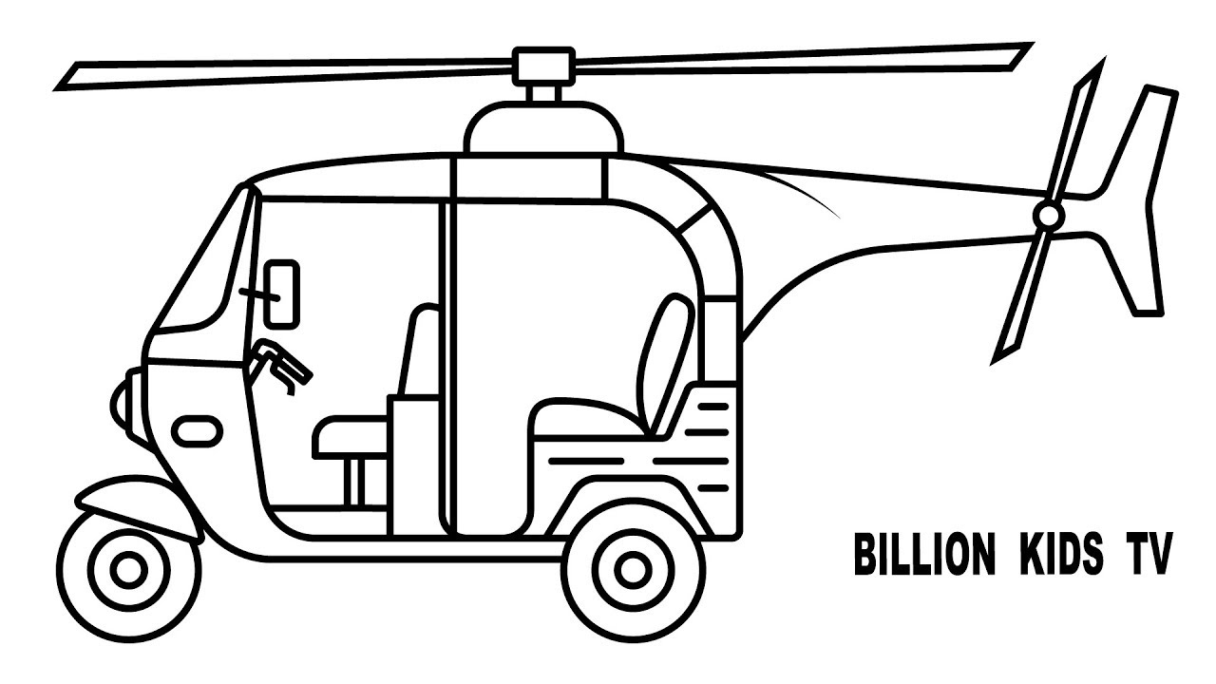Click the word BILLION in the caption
click(x=925, y=554)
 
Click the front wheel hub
click(x=128, y=569)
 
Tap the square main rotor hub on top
click(x=543, y=66)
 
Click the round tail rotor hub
click(x=1048, y=216)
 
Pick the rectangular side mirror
click(x=282, y=294)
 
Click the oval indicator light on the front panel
click(x=197, y=431)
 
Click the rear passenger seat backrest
click(x=666, y=364)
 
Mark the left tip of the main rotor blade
click(x=54, y=89)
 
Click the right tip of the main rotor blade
click(x=1032, y=44)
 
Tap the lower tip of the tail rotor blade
click(x=993, y=363)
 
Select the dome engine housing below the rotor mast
click(x=544, y=127)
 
